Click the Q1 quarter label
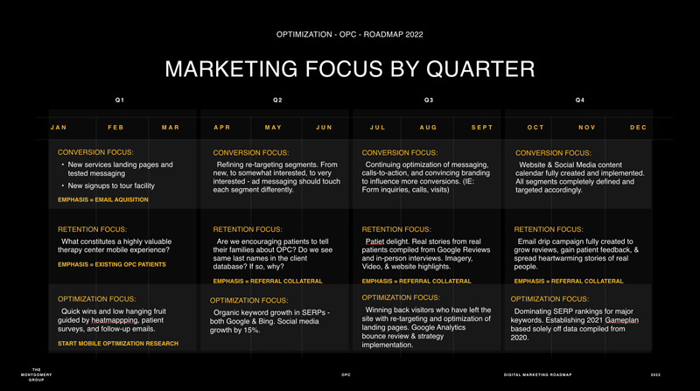[120, 100]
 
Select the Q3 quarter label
[429, 100]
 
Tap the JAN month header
[59, 127]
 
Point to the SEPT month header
[482, 127]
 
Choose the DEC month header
[639, 127]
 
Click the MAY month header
[273, 127]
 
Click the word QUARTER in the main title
[480, 69]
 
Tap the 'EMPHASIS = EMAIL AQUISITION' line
[103, 199]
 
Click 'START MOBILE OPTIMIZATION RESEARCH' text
[118, 343]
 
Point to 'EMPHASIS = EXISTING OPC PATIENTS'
[112, 264]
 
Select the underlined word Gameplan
[622, 320]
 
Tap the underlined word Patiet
[375, 241]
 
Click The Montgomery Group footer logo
[37, 374]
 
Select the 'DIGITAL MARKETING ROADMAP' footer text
[537, 375]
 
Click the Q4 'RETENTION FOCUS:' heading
[549, 229]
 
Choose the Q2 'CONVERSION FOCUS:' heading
[251, 153]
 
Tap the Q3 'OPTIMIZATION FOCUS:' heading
[401, 297]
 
